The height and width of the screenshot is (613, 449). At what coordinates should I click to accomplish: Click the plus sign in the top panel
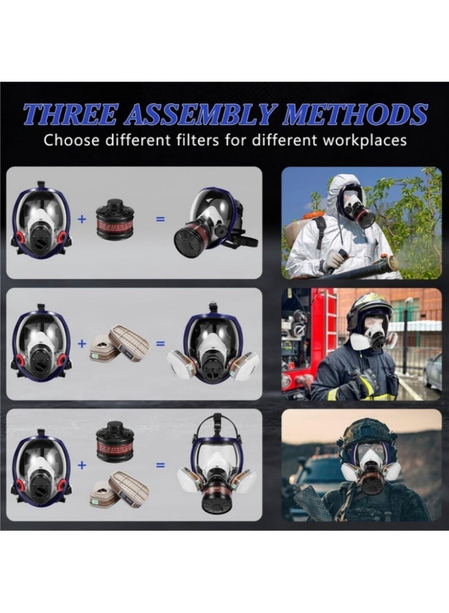point(82,219)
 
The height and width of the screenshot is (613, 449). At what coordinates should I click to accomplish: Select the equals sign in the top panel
point(160,219)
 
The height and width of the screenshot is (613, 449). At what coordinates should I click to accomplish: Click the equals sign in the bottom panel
point(160,465)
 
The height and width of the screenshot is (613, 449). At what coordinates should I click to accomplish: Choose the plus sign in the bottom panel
point(82,465)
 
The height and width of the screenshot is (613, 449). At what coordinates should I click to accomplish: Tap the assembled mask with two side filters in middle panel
point(213,346)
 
